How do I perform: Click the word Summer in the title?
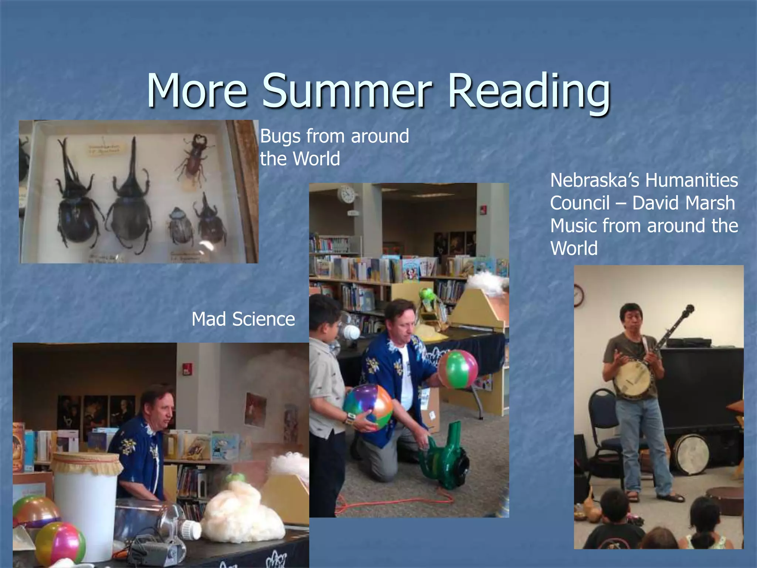click(x=347, y=91)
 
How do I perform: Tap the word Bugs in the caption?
click(x=280, y=136)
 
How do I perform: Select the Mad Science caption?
click(x=243, y=319)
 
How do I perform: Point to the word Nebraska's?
click(x=595, y=180)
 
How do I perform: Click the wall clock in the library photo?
click(x=347, y=194)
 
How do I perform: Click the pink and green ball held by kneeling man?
click(x=458, y=369)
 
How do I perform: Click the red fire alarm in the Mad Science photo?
click(x=187, y=368)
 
